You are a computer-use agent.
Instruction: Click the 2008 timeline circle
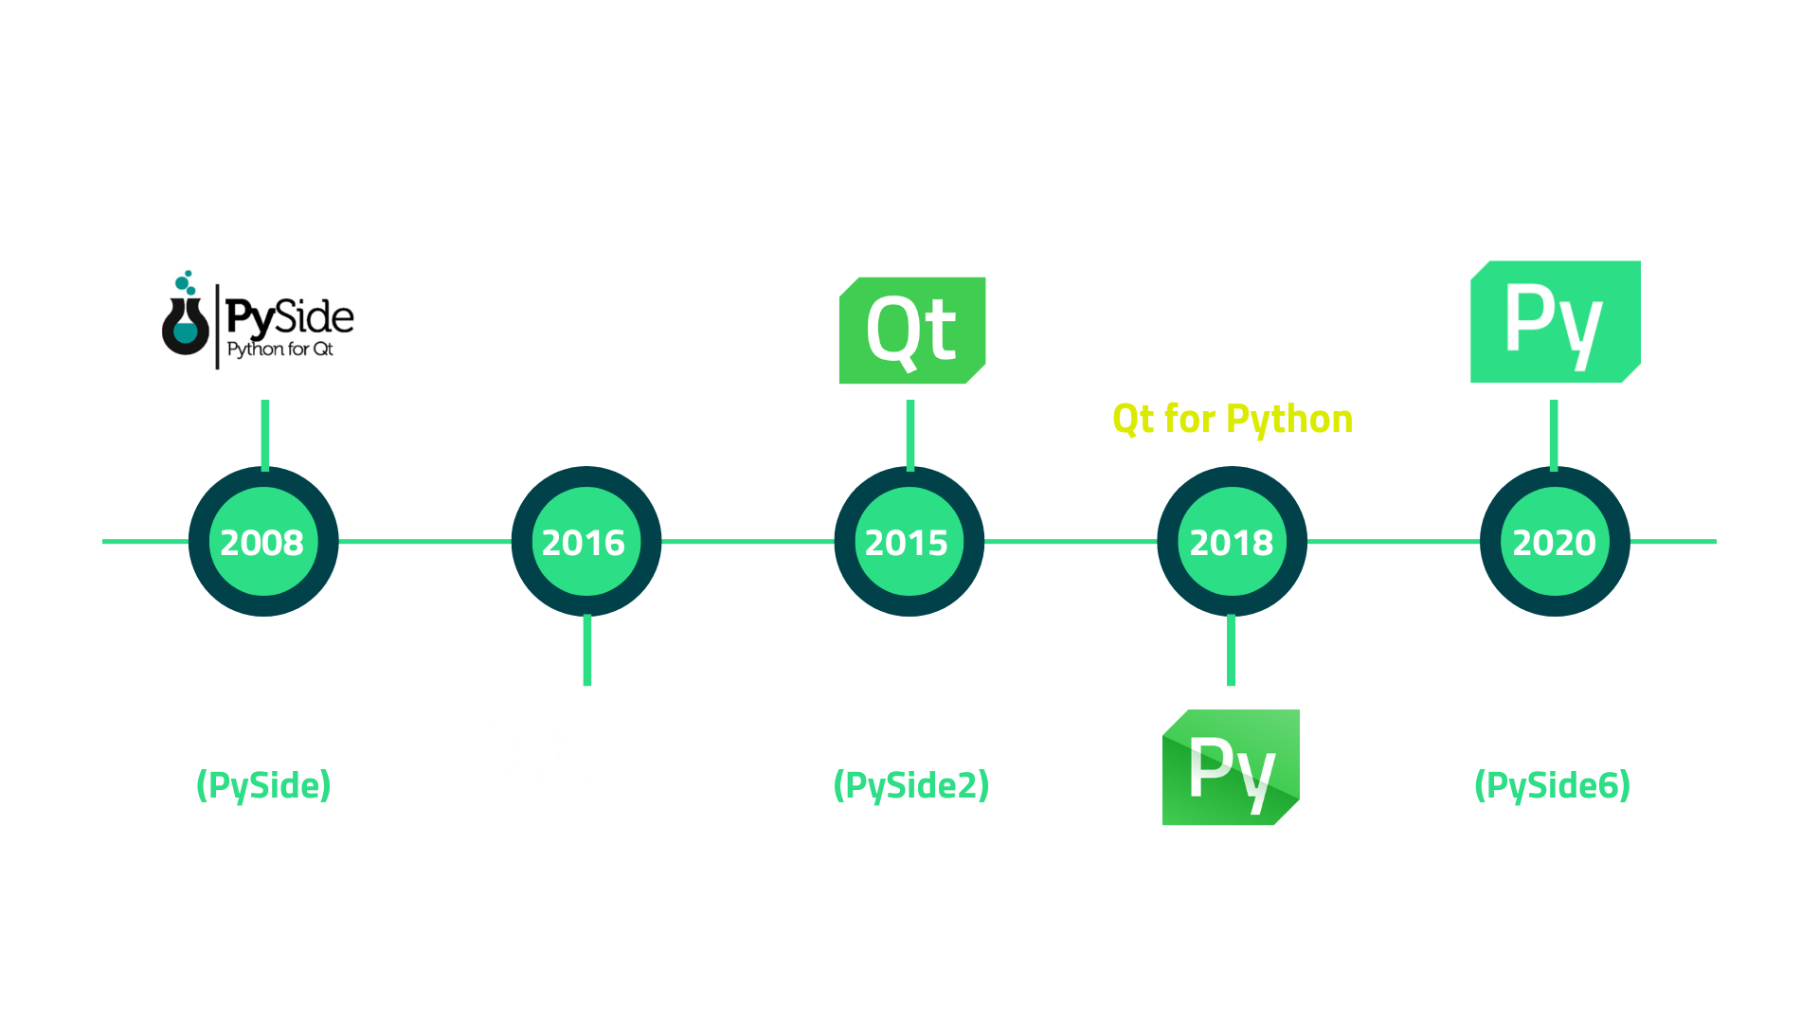click(x=263, y=542)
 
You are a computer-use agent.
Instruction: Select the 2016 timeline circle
click(x=585, y=542)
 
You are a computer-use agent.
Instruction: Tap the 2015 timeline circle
click(x=909, y=542)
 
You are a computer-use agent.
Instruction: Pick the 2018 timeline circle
click(x=1232, y=542)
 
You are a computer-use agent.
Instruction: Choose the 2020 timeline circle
click(x=1555, y=542)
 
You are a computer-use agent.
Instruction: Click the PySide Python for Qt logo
click(x=261, y=320)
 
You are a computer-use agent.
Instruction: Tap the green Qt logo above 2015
click(x=911, y=330)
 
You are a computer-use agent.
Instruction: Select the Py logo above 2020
click(x=1555, y=322)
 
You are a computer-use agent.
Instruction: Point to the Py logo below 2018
click(x=1231, y=766)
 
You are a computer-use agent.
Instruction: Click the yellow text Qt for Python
click(x=1232, y=419)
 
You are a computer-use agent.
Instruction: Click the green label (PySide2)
click(x=910, y=785)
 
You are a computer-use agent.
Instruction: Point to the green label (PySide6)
click(x=1553, y=785)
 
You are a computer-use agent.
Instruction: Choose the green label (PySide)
click(x=263, y=785)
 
